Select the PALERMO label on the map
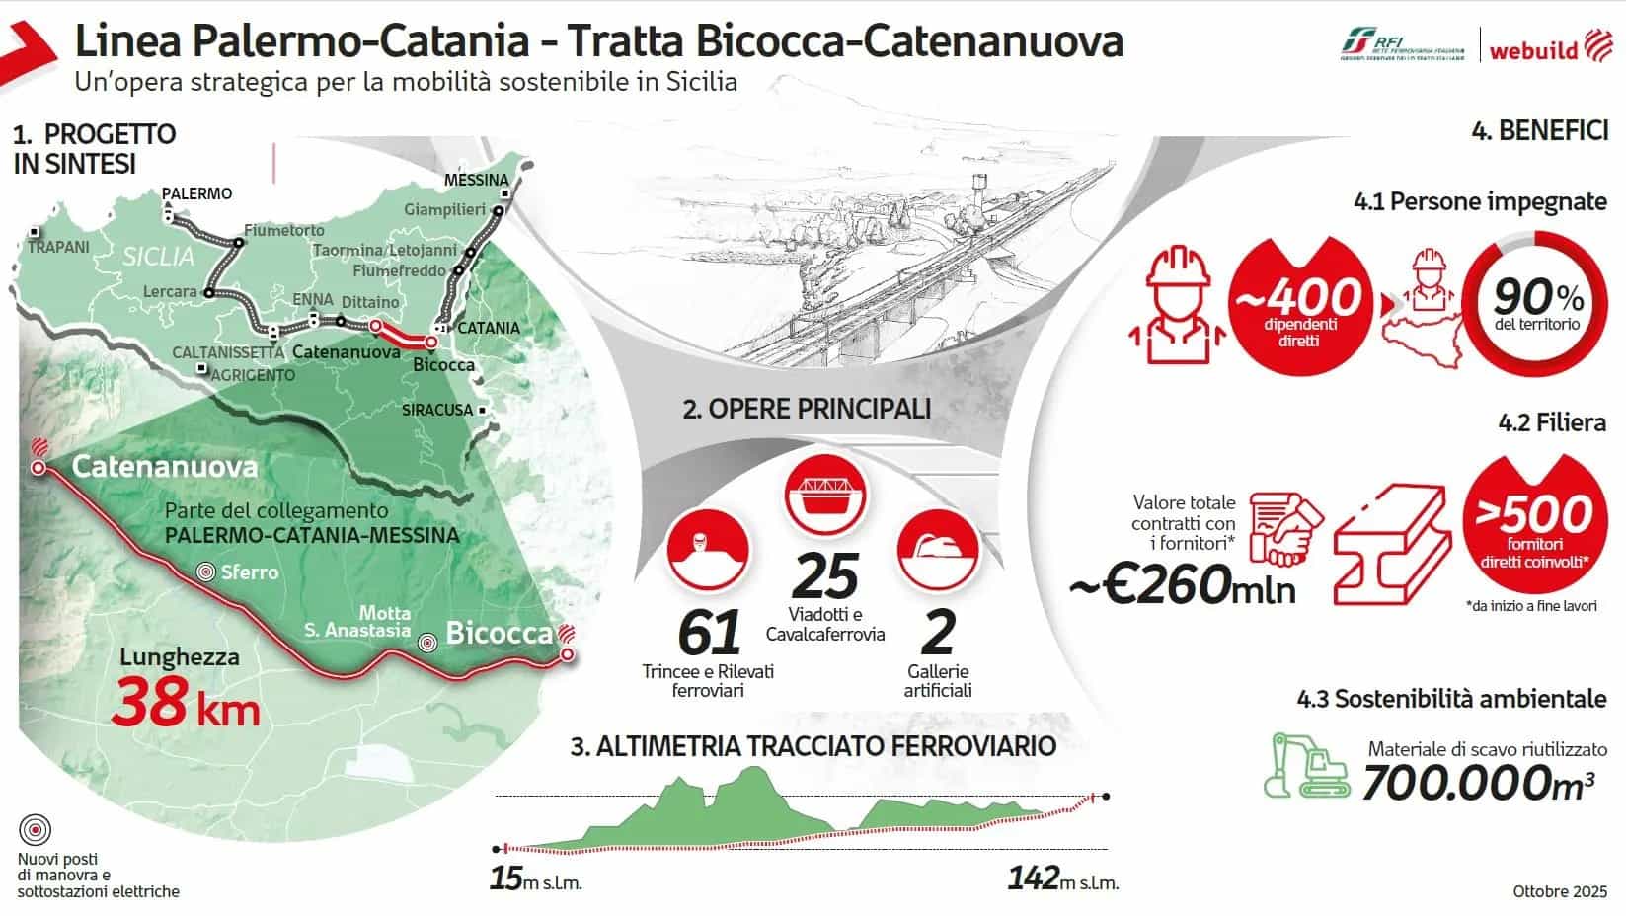(x=196, y=193)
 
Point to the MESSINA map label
(x=476, y=180)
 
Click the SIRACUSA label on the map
(x=437, y=410)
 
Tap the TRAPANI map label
(x=58, y=247)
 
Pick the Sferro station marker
(x=206, y=572)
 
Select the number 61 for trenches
(x=709, y=633)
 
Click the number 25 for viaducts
(x=825, y=575)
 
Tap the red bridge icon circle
(x=825, y=492)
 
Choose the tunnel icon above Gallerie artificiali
(x=937, y=547)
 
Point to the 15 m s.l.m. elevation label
(x=535, y=878)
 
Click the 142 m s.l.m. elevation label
(x=1062, y=878)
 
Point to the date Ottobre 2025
(x=1560, y=891)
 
